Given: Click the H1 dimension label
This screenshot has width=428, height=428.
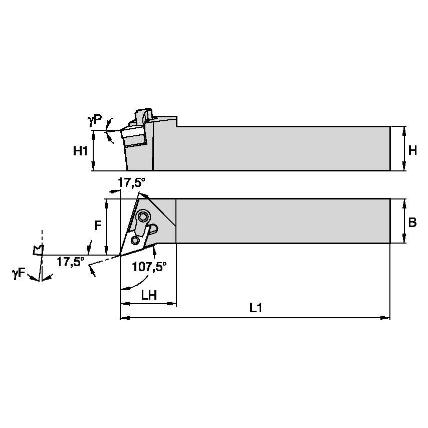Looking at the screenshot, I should (80, 150).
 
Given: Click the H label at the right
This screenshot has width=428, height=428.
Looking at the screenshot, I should (412, 150).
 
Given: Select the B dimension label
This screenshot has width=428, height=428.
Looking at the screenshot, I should (412, 223).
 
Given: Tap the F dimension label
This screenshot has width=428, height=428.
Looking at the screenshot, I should (98, 226).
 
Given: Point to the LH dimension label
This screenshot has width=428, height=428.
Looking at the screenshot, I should (149, 295).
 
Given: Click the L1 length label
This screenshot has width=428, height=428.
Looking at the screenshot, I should (256, 309).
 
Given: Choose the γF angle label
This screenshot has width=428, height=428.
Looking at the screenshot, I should (19, 273).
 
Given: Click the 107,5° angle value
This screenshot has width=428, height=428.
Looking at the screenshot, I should (149, 266).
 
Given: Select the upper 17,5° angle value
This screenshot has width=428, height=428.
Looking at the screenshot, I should (130, 183).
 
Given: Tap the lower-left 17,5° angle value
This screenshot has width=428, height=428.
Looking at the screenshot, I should (70, 261).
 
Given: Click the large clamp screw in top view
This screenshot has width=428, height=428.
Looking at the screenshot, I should (144, 217).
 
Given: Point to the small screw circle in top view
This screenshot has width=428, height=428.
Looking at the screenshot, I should (135, 240).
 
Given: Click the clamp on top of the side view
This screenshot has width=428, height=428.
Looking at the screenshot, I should (143, 116).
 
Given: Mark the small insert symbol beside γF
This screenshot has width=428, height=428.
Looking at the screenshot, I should (37, 250).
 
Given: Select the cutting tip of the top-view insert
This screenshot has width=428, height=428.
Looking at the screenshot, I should (121, 255).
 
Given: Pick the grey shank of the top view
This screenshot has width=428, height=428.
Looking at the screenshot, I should (281, 221).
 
